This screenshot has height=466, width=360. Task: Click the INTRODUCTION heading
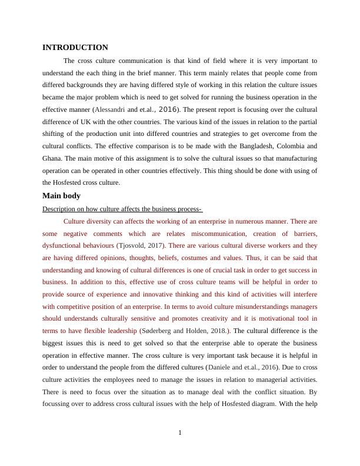pos(75,47)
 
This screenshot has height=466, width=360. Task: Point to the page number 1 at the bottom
pos(180,434)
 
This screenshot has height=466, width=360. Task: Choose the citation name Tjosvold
pos(135,245)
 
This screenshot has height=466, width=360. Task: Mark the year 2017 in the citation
pos(156,245)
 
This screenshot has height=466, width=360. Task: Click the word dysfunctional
pos(64,245)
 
